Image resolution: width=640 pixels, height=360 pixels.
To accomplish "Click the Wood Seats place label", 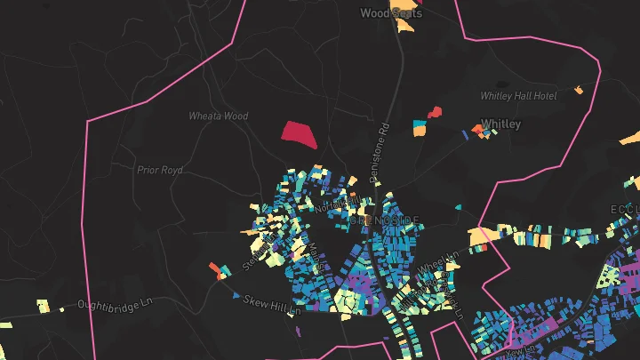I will point(391,13).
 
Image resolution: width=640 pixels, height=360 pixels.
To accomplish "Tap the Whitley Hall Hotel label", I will point(517,95).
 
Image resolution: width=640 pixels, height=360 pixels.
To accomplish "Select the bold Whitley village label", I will point(500,124).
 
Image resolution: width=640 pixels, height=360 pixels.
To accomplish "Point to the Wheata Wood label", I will point(219,116).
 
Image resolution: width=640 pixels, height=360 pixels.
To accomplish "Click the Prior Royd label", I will point(159,169).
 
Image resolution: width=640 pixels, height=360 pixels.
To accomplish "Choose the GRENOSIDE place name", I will point(384,220).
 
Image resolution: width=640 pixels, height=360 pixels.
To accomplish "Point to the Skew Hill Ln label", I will point(273,303).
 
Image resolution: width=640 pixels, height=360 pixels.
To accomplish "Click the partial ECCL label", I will point(624,209).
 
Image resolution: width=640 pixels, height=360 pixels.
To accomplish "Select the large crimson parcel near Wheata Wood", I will point(299,133).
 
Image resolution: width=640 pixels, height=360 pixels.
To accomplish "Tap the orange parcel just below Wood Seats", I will point(407,26).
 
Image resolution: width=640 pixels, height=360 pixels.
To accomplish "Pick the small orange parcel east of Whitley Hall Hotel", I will point(579,90).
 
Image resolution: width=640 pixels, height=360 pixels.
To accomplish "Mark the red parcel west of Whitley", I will point(435,112).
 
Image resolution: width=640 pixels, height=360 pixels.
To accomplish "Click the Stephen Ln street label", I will point(251,254).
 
